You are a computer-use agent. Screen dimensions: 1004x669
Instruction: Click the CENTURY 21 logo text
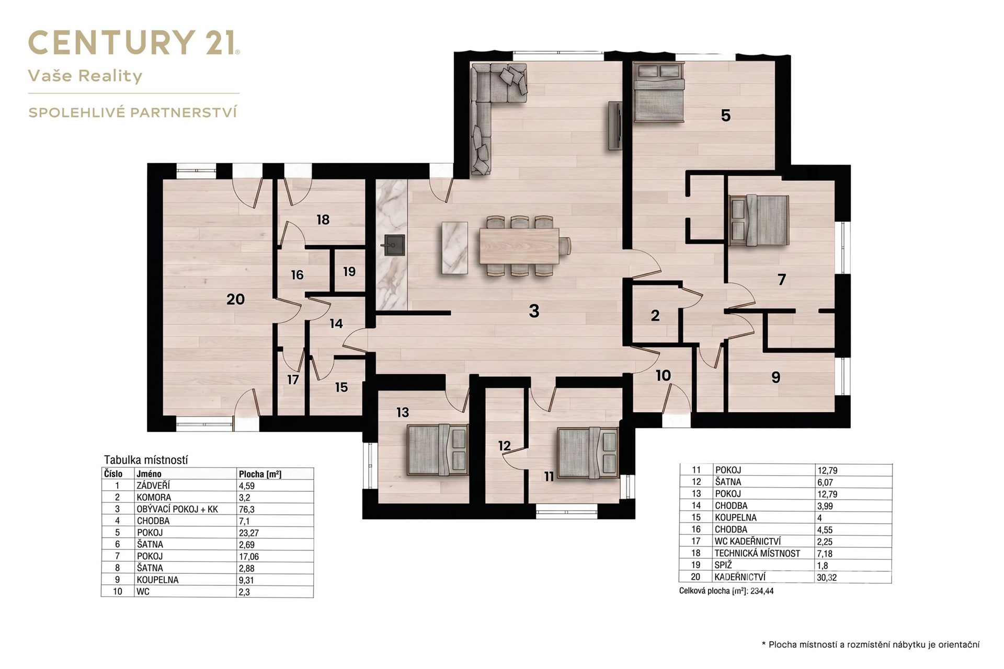tap(134, 42)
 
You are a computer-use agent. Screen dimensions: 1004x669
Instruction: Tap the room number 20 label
tap(236, 299)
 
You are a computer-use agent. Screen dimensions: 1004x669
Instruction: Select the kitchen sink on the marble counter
tap(394, 245)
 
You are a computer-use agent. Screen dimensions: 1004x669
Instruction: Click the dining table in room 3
tap(519, 246)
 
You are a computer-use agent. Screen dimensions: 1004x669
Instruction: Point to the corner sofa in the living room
tap(492, 105)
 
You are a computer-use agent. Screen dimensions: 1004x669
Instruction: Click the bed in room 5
tap(658, 91)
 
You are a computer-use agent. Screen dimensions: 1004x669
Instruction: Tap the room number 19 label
tap(349, 272)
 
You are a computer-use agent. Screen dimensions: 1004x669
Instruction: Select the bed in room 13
tap(437, 450)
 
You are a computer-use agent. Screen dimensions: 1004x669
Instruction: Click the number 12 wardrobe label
tap(504, 446)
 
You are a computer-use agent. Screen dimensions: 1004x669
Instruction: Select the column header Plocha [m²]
tap(260, 474)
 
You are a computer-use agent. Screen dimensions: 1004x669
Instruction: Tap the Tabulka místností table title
tap(145, 460)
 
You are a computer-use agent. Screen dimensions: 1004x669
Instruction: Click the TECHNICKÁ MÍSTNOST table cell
tap(757, 553)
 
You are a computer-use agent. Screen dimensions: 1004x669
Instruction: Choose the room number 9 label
tap(775, 377)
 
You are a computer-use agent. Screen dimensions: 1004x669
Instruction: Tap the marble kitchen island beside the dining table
tap(454, 248)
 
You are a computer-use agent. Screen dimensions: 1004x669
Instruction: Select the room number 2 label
tap(655, 315)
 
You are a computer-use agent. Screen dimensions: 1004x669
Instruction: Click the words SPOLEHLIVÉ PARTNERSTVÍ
tap(133, 112)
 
